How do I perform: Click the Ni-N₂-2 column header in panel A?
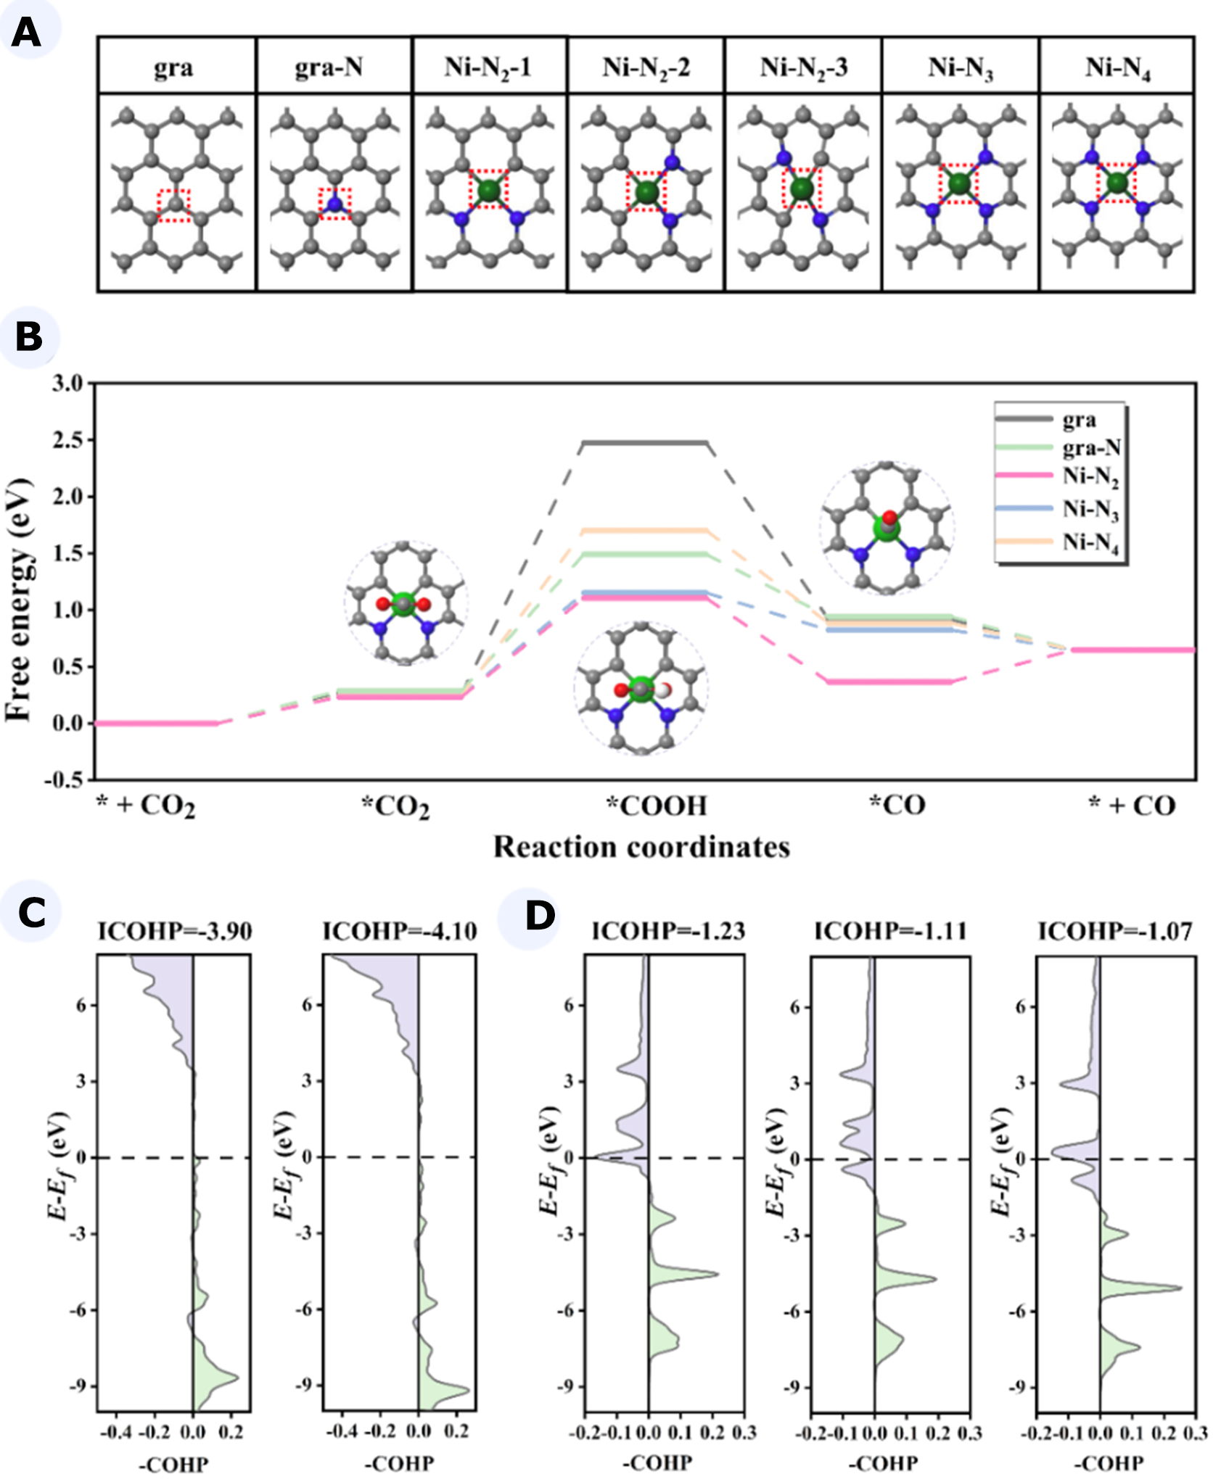pyautogui.click(x=645, y=67)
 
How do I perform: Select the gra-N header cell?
pyautogui.click(x=328, y=67)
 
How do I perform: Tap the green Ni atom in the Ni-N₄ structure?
pyautogui.click(x=1117, y=182)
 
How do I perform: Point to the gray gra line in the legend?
pyautogui.click(x=1024, y=419)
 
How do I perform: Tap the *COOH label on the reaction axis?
pyautogui.click(x=657, y=806)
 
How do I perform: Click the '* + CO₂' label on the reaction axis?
pyautogui.click(x=146, y=806)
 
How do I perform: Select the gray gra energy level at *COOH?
pyautogui.click(x=644, y=443)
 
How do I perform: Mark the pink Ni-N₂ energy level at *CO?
pyautogui.click(x=889, y=682)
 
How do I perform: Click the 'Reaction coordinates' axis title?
pyautogui.click(x=641, y=847)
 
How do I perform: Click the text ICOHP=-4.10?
pyautogui.click(x=399, y=931)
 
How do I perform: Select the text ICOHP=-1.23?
pyautogui.click(x=668, y=931)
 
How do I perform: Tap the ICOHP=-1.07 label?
pyautogui.click(x=1115, y=931)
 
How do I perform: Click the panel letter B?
pyautogui.click(x=28, y=337)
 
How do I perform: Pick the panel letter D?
pyautogui.click(x=540, y=916)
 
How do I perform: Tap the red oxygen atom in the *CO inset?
pyautogui.click(x=889, y=518)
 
